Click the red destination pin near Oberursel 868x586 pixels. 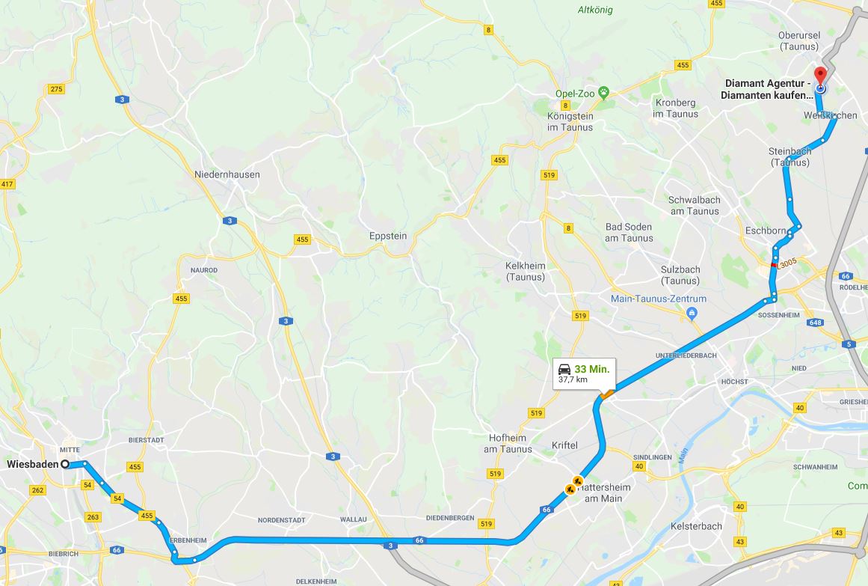(820, 76)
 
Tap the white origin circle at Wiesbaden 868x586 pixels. (65, 464)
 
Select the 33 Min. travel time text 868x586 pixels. (592, 369)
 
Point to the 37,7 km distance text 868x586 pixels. (573, 380)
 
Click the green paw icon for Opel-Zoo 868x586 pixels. (603, 93)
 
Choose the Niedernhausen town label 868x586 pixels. (227, 174)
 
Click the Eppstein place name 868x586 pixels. (388, 236)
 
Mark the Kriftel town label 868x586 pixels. (564, 445)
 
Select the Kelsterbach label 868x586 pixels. (697, 526)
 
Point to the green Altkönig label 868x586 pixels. (596, 10)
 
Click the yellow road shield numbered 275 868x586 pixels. (56, 89)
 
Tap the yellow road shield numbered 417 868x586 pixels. (7, 184)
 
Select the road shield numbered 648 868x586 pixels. (815, 323)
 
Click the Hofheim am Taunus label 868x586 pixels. (508, 444)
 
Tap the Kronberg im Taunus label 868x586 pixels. (675, 109)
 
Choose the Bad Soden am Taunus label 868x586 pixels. (629, 233)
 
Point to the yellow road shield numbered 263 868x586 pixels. (93, 517)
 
